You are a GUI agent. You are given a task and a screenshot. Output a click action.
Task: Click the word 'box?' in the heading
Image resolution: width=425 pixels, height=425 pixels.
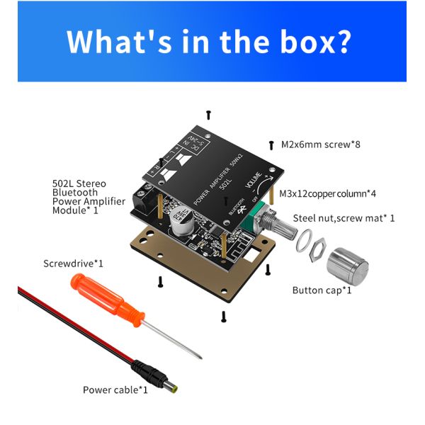click(315, 42)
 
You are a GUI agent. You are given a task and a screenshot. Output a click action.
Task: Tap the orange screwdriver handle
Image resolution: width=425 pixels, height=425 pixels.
click(107, 300)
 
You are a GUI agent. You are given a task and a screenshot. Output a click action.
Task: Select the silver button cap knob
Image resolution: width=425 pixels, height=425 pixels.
click(348, 266)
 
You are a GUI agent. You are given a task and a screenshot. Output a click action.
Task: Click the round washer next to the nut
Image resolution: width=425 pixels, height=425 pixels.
click(303, 241)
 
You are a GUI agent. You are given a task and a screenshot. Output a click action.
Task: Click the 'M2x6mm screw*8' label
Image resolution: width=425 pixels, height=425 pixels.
click(321, 144)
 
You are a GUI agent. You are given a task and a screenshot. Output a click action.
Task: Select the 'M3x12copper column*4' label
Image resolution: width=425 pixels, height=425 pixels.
click(327, 194)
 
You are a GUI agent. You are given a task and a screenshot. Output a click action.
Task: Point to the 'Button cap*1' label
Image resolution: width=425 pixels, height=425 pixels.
click(322, 290)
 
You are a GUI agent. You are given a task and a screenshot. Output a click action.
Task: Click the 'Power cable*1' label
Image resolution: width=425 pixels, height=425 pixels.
click(115, 390)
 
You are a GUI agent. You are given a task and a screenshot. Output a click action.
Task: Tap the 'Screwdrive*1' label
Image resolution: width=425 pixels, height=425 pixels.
click(73, 263)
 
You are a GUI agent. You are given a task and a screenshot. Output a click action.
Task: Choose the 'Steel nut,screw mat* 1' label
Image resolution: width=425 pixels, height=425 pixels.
click(344, 218)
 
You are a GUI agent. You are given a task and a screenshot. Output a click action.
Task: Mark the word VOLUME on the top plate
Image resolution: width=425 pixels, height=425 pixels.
click(254, 180)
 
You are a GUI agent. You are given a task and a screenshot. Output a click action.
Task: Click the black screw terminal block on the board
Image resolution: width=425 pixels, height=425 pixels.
click(143, 198)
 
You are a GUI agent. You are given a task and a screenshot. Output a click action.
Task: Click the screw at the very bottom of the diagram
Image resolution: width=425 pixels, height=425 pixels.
click(224, 317)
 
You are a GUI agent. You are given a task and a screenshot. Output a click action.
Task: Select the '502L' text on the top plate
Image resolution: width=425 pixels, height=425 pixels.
click(225, 183)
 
